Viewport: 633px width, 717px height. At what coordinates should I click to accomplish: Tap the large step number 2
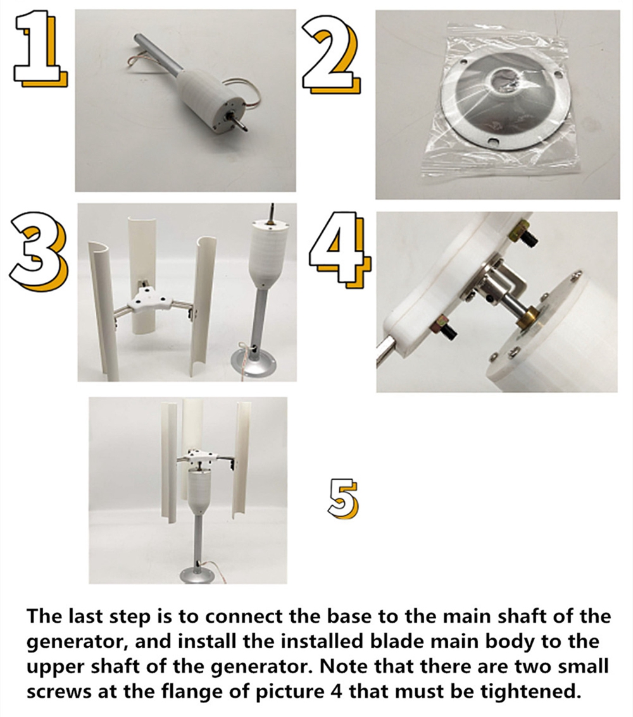pyautogui.click(x=330, y=55)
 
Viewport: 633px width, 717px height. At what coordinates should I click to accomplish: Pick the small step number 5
pyautogui.click(x=343, y=498)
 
